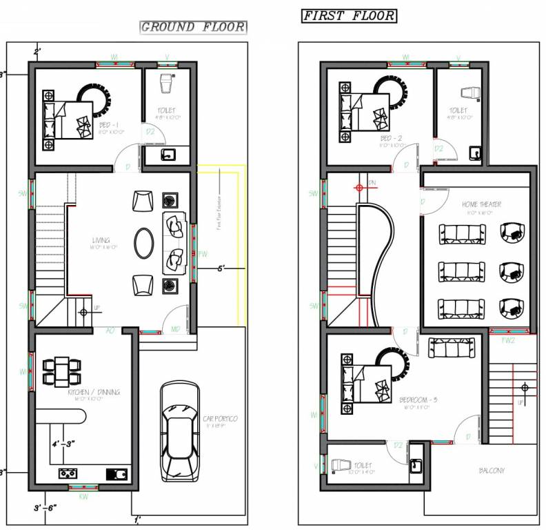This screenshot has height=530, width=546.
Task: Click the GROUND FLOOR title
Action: pyautogui.click(x=193, y=27)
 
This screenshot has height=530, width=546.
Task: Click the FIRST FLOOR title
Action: pyautogui.click(x=350, y=15)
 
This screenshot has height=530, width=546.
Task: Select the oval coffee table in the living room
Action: pyautogui.click(x=144, y=243)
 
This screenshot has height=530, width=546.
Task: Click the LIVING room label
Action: pyautogui.click(x=101, y=241)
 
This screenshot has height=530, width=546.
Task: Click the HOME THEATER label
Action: pyautogui.click(x=481, y=204)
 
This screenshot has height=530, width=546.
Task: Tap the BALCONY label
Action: pyautogui.click(x=492, y=471)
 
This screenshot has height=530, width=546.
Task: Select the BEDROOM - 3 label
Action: pyautogui.click(x=418, y=400)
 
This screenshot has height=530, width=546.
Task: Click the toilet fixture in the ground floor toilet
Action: pyautogui.click(x=165, y=84)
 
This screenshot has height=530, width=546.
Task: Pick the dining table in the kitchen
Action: pyautogui.click(x=62, y=371)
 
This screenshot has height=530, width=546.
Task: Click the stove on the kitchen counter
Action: pyautogui.click(x=67, y=473)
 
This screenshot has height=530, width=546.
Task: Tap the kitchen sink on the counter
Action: pyautogui.click(x=117, y=473)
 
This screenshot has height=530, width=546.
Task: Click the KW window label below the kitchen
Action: pyautogui.click(x=83, y=496)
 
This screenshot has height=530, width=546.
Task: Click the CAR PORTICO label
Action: pyautogui.click(x=220, y=419)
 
